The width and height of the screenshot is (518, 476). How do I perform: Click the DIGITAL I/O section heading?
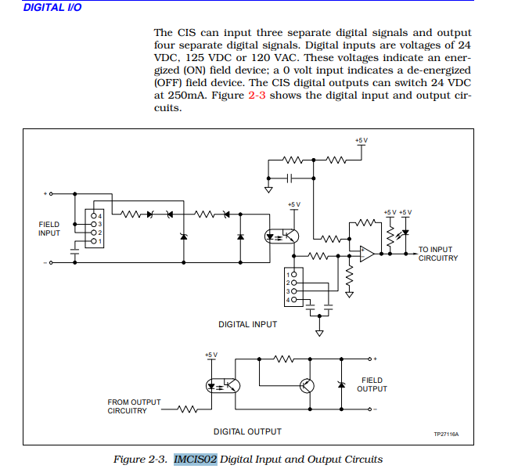click(x=52, y=7)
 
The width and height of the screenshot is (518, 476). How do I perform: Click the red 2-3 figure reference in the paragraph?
click(x=257, y=96)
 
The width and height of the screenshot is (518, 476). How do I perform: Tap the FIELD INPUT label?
click(x=49, y=229)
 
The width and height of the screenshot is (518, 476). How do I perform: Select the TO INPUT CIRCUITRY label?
click(x=438, y=254)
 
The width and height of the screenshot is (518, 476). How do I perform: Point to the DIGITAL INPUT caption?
click(x=247, y=324)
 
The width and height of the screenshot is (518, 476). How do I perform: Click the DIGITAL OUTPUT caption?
click(x=247, y=431)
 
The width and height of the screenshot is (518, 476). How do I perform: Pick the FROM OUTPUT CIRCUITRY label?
click(x=134, y=406)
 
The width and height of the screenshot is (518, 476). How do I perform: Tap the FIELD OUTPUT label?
click(x=372, y=384)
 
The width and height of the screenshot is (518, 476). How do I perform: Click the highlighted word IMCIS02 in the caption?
click(x=195, y=459)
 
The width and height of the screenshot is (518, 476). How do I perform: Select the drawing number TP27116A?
click(x=446, y=434)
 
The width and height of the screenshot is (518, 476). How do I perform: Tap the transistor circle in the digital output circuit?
click(x=307, y=385)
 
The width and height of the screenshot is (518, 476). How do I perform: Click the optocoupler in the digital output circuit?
click(x=222, y=385)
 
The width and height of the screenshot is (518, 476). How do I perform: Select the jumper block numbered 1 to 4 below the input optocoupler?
click(x=293, y=287)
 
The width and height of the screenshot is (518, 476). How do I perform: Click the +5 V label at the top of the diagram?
click(x=361, y=140)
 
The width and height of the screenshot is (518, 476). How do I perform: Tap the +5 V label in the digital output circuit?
click(x=210, y=355)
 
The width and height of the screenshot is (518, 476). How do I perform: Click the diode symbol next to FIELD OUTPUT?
click(x=341, y=384)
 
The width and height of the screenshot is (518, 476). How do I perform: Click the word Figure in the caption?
click(x=132, y=459)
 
